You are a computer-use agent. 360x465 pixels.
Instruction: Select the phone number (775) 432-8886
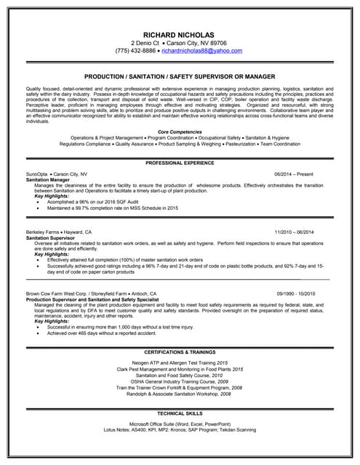click(136, 52)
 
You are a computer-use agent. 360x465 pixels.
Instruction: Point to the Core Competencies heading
click(180, 130)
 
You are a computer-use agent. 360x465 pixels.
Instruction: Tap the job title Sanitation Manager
click(44, 179)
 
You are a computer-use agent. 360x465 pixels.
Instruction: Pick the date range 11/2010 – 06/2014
click(295, 231)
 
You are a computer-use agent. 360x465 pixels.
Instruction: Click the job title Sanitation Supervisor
click(49, 236)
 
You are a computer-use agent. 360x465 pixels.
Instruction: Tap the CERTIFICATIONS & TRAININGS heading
click(180, 351)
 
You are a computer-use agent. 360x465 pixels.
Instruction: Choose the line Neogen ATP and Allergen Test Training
click(180, 362)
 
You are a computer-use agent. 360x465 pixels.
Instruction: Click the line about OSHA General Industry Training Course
click(180, 381)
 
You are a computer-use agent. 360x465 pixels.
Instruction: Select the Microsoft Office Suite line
click(180, 423)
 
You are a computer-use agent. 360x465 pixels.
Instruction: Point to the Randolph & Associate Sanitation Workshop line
click(180, 395)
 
